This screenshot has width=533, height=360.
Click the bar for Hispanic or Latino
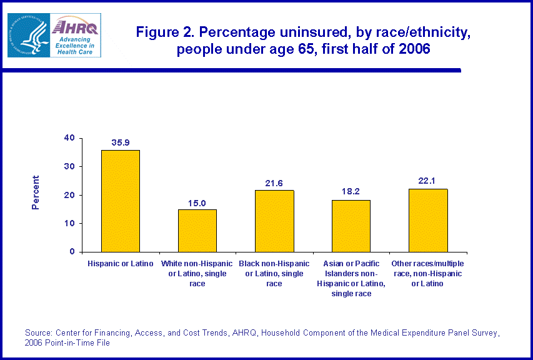[121, 201]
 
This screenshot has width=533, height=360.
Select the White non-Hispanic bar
[197, 231]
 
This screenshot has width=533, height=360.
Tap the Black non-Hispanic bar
[274, 221]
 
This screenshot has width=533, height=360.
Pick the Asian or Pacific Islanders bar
[351, 226]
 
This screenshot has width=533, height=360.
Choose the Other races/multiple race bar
[428, 220]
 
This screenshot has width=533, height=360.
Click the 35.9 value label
[121, 142]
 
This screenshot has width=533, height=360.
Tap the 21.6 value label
[274, 183]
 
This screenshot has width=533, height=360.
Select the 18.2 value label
[351, 192]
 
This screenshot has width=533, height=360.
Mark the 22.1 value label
[428, 181]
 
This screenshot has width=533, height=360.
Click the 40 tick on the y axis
[69, 138]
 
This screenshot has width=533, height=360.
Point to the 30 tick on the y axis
[69, 167]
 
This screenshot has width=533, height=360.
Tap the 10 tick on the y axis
[69, 223]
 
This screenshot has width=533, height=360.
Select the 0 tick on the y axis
[72, 252]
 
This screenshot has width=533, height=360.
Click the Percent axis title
[36, 195]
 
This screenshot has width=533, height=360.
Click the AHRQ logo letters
[74, 27]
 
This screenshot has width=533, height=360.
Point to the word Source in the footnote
[38, 332]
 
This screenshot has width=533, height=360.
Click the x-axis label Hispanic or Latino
[121, 264]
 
